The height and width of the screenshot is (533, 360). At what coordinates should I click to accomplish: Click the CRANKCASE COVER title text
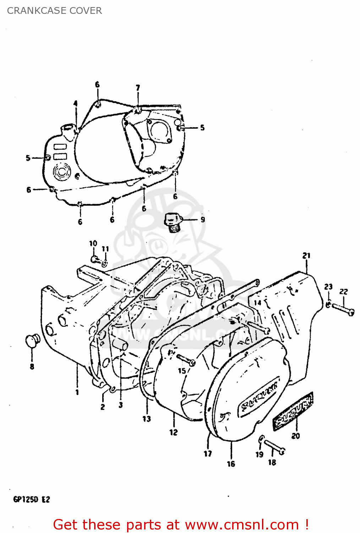point(54,11)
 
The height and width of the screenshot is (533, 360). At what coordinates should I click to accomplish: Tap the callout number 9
point(203,220)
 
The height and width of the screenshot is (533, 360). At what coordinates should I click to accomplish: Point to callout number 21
point(306,255)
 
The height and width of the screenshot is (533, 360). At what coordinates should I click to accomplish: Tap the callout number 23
point(328,287)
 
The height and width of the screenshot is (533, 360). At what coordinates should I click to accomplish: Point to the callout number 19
point(260,454)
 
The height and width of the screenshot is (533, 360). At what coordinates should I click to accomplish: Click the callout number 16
point(231,464)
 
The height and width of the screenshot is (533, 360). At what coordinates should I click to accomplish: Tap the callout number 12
point(173,432)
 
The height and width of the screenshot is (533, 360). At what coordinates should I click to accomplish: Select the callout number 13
point(147,419)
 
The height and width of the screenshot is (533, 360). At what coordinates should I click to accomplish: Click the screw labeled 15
point(185,359)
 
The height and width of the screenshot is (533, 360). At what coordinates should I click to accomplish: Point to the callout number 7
point(138,87)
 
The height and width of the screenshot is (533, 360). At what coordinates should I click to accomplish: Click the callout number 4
point(75,103)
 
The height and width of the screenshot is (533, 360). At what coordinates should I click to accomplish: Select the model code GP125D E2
point(32,499)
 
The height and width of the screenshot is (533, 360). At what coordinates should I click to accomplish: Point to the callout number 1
point(77,392)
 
